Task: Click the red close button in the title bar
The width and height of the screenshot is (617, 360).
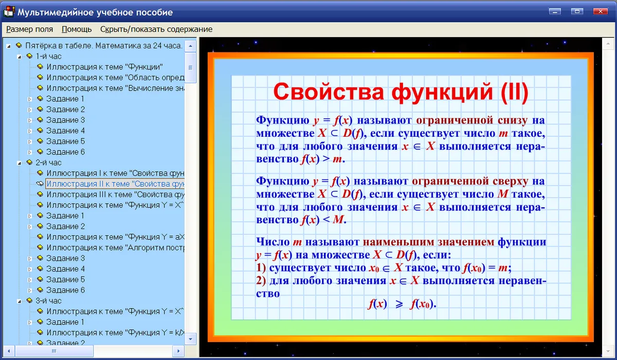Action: (600, 11)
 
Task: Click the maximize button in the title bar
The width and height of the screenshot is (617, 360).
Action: (577, 11)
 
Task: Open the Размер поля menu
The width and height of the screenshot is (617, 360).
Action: (29, 29)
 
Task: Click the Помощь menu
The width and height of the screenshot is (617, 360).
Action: (77, 29)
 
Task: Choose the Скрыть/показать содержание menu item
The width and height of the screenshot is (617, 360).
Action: (156, 29)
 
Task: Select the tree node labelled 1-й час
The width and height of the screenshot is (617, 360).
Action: (48, 56)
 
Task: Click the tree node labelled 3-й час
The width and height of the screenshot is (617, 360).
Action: (48, 300)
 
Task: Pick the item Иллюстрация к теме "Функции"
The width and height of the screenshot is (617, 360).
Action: (105, 67)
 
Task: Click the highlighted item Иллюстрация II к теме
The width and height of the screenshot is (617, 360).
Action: (115, 184)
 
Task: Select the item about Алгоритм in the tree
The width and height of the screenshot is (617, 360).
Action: (115, 247)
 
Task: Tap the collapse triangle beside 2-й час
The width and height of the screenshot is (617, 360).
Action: (19, 163)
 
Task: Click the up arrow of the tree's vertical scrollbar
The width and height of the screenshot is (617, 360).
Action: (190, 46)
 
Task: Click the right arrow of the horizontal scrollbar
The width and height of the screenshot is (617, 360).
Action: (178, 351)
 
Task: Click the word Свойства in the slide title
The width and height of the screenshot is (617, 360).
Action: (329, 92)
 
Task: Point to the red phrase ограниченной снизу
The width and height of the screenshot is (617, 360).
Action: (472, 120)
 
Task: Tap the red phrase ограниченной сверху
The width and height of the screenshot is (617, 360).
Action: (470, 181)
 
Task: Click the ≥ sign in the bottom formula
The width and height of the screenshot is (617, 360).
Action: (399, 304)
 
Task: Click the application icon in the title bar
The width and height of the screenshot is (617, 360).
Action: (9, 11)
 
